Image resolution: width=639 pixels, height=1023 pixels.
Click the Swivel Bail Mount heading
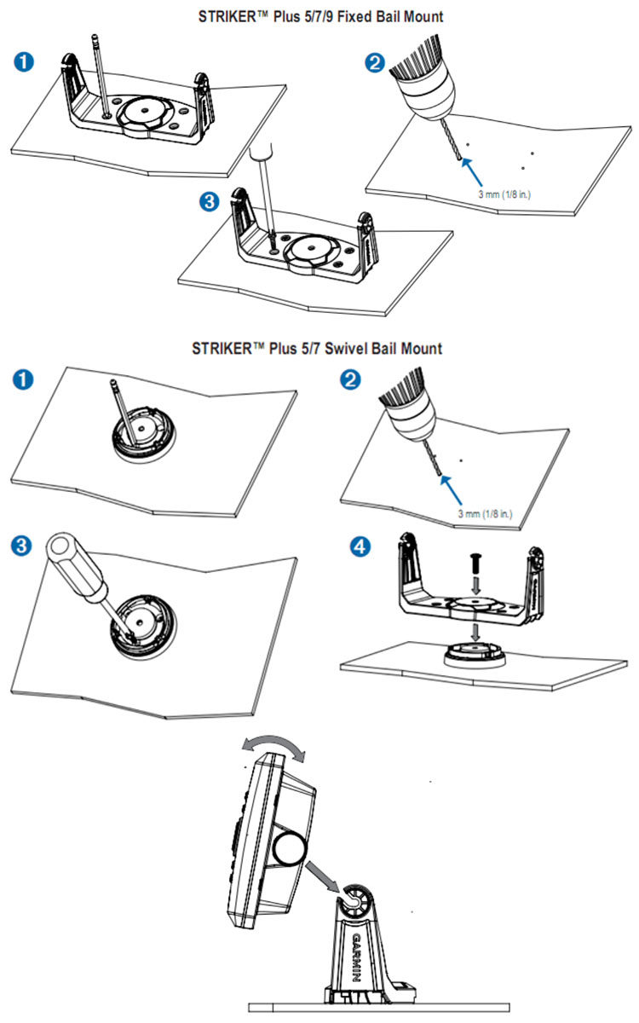(x=317, y=348)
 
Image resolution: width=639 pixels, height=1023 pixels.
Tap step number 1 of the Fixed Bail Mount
(x=25, y=61)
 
